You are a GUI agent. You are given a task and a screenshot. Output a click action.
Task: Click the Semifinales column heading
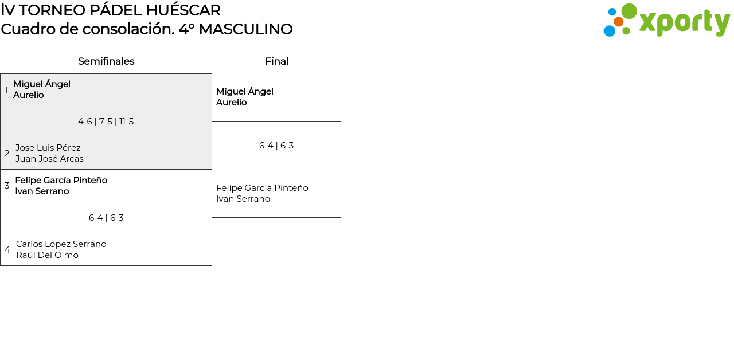pyautogui.click(x=106, y=61)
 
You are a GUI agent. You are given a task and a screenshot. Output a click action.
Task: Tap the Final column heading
pyautogui.click(x=276, y=61)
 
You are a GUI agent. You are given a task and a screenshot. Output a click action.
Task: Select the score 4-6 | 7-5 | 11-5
pyautogui.click(x=106, y=122)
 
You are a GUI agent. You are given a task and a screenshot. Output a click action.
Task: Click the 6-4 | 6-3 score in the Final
pyautogui.click(x=276, y=146)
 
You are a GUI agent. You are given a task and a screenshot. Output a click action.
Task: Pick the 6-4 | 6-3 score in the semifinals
pyautogui.click(x=106, y=218)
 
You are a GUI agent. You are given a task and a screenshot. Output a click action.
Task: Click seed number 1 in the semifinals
pyautogui.click(x=6, y=90)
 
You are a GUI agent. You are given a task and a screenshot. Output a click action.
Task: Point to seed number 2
pyautogui.click(x=7, y=154)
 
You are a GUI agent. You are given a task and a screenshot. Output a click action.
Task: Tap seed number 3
pyautogui.click(x=7, y=186)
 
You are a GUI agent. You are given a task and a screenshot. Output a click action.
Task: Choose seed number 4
pyautogui.click(x=7, y=250)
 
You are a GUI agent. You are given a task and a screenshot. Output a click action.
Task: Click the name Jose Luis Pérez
pyautogui.click(x=48, y=148)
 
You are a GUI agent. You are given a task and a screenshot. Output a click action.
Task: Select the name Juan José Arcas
pyautogui.click(x=49, y=159)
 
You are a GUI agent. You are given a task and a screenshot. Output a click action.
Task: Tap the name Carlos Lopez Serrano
pyautogui.click(x=61, y=244)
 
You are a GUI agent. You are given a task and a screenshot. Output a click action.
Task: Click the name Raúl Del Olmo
pyautogui.click(x=47, y=255)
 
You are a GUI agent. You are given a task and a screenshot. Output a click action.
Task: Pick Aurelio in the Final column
pyautogui.click(x=232, y=103)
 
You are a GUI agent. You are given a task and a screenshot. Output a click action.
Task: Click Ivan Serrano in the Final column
pyautogui.click(x=243, y=199)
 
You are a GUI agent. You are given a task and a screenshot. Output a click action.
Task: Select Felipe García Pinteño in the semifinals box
pyautogui.click(x=61, y=181)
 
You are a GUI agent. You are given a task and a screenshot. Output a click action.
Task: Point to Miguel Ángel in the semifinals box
pyautogui.click(x=42, y=84)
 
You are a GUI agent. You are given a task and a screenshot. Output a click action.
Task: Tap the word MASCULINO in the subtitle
pyautogui.click(x=245, y=29)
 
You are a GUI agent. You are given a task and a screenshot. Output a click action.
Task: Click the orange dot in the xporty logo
pyautogui.click(x=619, y=22)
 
